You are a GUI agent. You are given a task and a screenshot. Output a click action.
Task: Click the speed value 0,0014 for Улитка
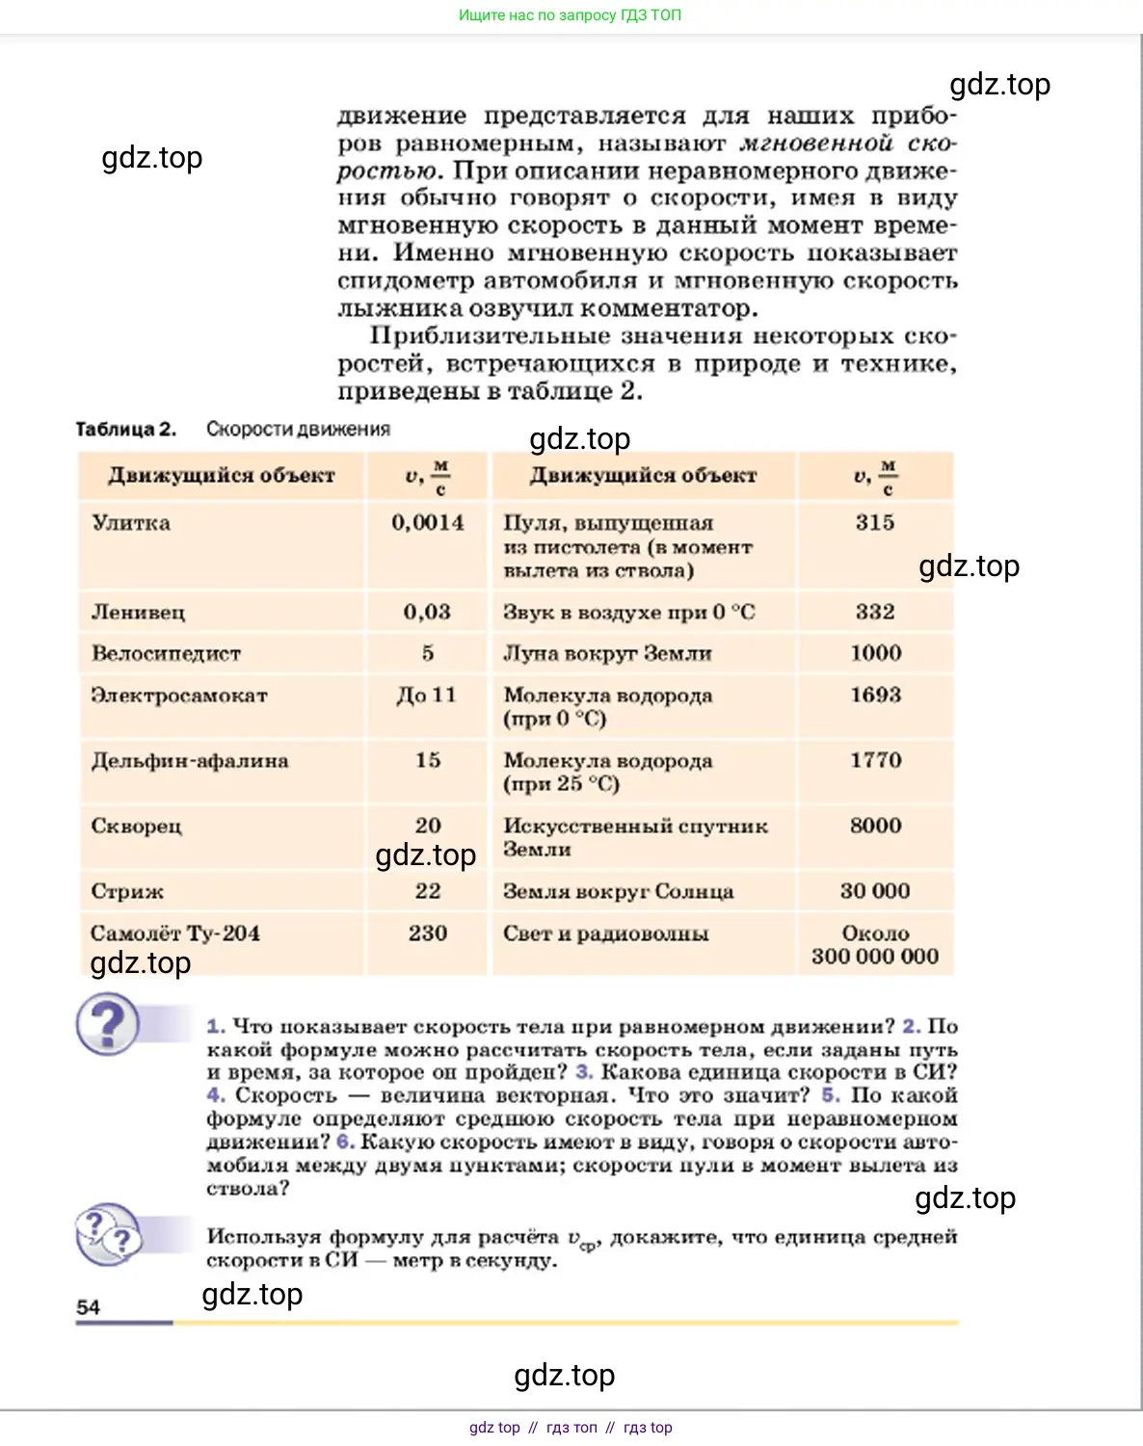pyautogui.click(x=427, y=523)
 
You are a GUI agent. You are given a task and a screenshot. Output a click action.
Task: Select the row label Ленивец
pyautogui.click(x=138, y=613)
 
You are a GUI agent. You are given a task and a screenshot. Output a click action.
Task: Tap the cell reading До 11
pyautogui.click(x=426, y=696)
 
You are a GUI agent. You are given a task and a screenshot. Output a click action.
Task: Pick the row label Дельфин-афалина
pyautogui.click(x=189, y=761)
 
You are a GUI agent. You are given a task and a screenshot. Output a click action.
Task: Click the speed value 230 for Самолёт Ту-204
pyautogui.click(x=427, y=933)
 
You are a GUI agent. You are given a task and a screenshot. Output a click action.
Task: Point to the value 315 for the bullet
pyautogui.click(x=874, y=523)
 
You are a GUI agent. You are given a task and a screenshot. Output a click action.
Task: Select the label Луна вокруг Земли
pyautogui.click(x=607, y=654)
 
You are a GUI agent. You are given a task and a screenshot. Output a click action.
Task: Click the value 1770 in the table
pyautogui.click(x=875, y=761)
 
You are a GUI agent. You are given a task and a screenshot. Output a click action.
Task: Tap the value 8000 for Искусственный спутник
pyautogui.click(x=875, y=827)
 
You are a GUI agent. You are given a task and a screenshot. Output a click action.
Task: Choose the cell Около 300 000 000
pyautogui.click(x=874, y=945)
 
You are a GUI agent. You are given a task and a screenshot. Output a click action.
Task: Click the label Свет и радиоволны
pyautogui.click(x=605, y=933)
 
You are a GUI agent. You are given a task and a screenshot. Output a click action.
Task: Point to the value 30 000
pyautogui.click(x=874, y=892)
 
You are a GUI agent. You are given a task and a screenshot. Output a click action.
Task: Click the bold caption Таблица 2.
pyautogui.click(x=126, y=430)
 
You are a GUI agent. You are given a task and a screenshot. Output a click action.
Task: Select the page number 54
pyautogui.click(x=88, y=1307)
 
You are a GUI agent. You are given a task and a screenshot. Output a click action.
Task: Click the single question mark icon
pyautogui.click(x=108, y=1025)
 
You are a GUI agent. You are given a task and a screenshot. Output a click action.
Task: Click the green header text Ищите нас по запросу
pyautogui.click(x=570, y=15)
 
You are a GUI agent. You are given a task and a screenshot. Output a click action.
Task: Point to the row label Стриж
pyautogui.click(x=127, y=892)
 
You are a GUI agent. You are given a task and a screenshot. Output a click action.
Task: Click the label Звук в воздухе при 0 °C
pyautogui.click(x=628, y=613)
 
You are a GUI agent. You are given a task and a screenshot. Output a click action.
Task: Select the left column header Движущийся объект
pyautogui.click(x=221, y=476)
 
